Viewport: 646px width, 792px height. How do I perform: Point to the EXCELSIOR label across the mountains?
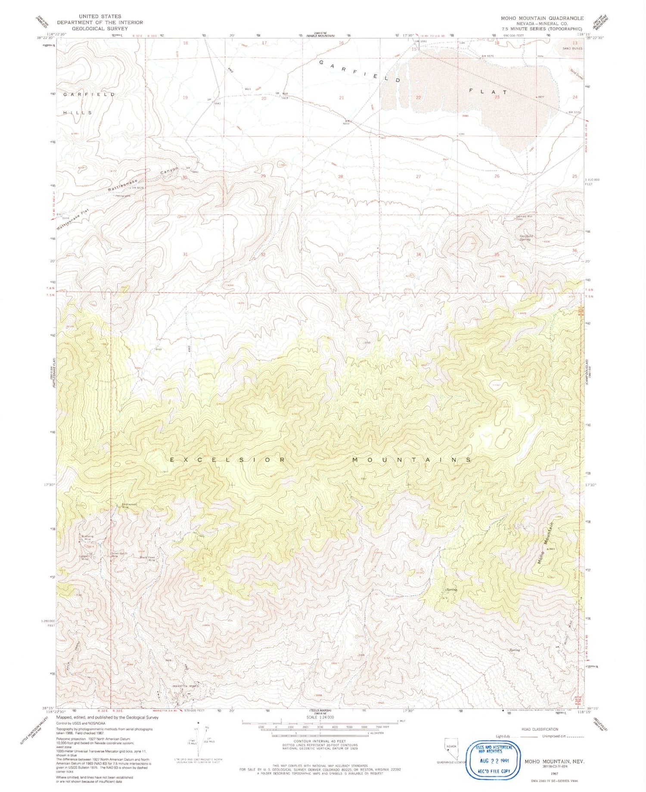click(x=227, y=460)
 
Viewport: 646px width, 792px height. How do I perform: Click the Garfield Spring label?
click(x=526, y=237)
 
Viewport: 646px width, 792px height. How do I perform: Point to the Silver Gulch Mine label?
click(x=119, y=555)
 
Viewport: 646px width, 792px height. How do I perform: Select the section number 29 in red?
click(x=263, y=176)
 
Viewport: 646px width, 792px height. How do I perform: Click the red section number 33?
click(x=340, y=255)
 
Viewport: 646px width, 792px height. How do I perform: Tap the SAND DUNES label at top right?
click(x=572, y=49)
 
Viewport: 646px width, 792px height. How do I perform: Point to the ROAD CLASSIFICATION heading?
click(x=539, y=730)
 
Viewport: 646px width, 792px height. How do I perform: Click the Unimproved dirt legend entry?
click(x=556, y=737)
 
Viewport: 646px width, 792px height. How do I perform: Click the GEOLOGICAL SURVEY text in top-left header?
click(x=100, y=28)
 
